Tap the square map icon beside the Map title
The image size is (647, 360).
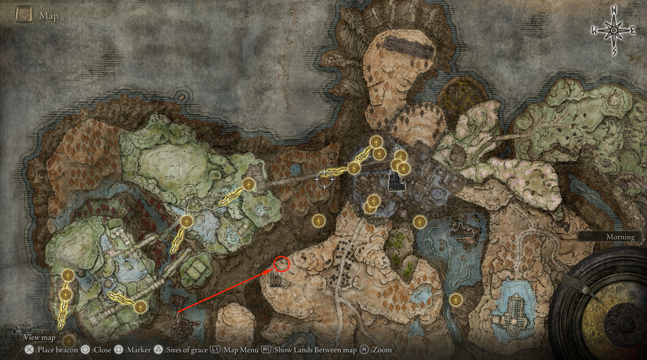point(24,15)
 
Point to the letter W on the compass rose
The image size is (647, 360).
point(594,30)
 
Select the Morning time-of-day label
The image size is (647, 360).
point(619,237)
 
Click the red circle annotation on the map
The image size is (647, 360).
point(282,264)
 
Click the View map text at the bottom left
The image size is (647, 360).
point(39,337)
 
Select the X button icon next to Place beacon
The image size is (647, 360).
point(29,350)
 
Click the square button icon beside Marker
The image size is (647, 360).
point(117,350)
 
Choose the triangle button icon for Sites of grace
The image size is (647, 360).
point(158,350)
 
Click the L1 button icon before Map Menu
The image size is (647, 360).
point(215,350)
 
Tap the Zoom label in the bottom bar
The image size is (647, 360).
point(381,350)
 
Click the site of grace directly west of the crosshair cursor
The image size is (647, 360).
point(249,183)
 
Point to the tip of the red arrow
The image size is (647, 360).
point(275,269)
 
